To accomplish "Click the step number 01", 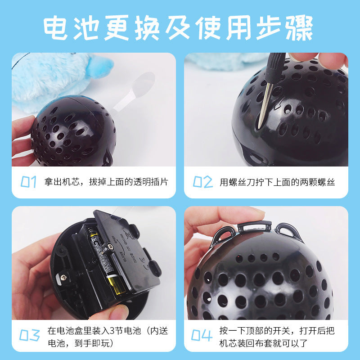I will [29, 182].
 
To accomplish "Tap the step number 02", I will [202, 182].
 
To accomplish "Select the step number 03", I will [30, 335].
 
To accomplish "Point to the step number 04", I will [202, 335].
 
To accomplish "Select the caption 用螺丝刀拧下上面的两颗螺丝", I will [277, 182].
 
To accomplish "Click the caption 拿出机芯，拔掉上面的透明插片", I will [106, 182].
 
